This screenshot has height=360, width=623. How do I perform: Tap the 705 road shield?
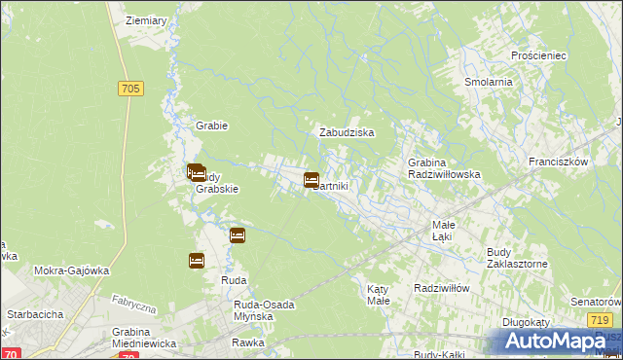pos(131,89)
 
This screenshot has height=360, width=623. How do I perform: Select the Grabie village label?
pos(211,126)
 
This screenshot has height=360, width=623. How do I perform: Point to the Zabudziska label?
pos(348,132)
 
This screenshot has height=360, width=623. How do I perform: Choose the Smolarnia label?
pos(489,83)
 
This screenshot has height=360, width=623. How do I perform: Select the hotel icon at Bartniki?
pos(311,180)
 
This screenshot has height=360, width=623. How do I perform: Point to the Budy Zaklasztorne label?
pos(518,257)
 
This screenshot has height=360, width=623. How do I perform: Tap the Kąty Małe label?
pos(379,295)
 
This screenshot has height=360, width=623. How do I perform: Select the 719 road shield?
pos(601,320)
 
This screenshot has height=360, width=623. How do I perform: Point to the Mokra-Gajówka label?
pos(70,271)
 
